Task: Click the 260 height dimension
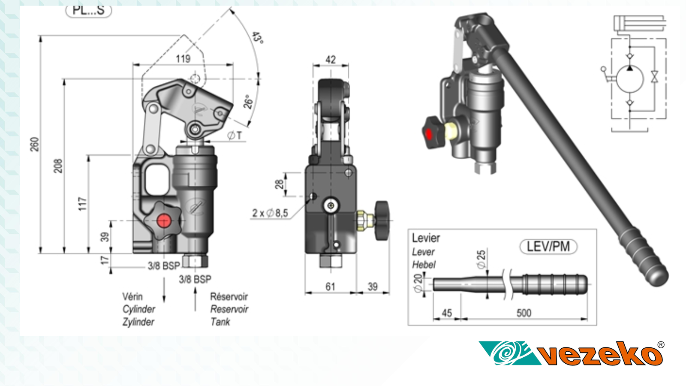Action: [x=34, y=144]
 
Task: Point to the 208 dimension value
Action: [x=58, y=166]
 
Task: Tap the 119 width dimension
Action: [x=183, y=59]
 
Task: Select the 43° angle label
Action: [x=257, y=38]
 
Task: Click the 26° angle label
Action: [x=248, y=102]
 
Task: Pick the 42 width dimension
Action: [x=331, y=60]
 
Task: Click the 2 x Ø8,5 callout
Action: [x=270, y=213]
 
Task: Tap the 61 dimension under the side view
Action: [x=330, y=286]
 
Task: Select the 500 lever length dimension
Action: [x=524, y=313]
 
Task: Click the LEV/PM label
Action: [x=548, y=247]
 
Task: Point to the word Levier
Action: [x=426, y=238]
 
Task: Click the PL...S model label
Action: [x=88, y=10]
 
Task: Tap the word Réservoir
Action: [x=229, y=296]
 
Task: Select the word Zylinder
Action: [x=138, y=322]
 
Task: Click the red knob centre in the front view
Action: [x=164, y=221]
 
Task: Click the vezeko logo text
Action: [x=600, y=355]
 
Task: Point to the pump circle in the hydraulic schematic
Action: [x=630, y=79]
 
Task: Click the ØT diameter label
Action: [x=235, y=136]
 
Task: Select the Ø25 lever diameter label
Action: [x=481, y=259]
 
